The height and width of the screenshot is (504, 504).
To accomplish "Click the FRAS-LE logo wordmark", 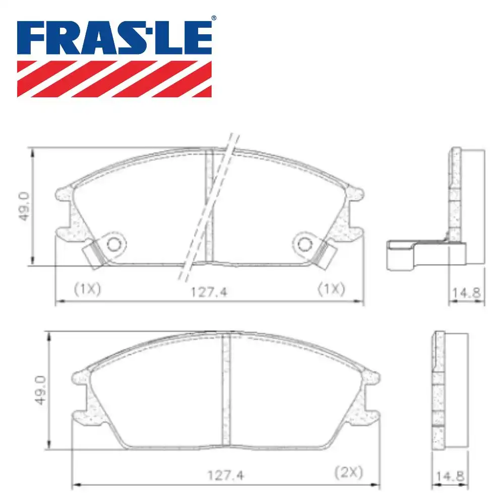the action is (114, 38).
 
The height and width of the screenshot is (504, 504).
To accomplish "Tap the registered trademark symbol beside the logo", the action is (213, 18).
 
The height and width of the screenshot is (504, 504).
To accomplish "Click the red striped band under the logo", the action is (114, 79).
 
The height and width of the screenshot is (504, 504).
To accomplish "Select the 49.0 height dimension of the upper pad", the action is (24, 206).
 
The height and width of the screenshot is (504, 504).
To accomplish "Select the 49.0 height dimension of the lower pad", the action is (41, 390).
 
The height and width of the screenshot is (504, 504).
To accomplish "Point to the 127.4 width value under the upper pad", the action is (209, 292).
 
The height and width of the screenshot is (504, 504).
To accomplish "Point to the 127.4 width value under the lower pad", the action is (226, 475).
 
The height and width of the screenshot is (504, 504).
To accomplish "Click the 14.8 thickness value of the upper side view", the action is (466, 293).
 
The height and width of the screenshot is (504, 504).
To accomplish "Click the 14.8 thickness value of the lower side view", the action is (450, 476).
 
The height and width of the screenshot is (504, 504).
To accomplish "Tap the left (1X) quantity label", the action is (87, 289).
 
